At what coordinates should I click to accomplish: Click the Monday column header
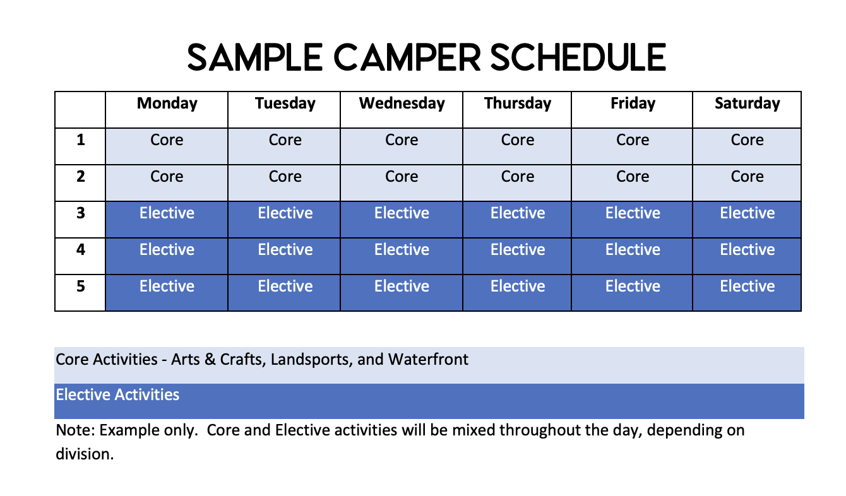(x=167, y=103)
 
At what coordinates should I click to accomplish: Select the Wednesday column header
(x=402, y=103)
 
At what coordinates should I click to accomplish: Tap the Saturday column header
(x=747, y=103)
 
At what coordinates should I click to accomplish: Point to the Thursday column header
(x=518, y=103)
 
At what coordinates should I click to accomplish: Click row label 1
(x=80, y=140)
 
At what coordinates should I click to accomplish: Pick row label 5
(x=80, y=286)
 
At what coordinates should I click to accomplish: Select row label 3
(x=80, y=213)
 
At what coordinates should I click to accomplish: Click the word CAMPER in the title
(x=407, y=57)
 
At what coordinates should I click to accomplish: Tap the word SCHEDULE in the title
(x=578, y=57)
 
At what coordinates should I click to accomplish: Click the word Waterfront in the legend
(x=428, y=359)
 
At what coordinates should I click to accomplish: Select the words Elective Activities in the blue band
(x=117, y=395)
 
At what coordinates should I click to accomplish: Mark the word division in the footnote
(x=85, y=454)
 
